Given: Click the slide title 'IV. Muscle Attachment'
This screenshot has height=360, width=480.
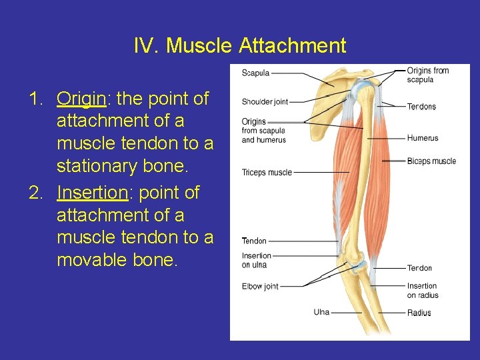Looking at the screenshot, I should point(240,45).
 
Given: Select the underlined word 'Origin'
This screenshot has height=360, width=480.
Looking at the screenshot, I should point(81,99).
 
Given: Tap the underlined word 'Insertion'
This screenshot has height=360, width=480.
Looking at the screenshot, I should point(91,193).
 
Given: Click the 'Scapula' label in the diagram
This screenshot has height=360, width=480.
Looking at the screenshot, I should point(257,73).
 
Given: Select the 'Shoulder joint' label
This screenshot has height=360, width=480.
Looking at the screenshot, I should point(265,102).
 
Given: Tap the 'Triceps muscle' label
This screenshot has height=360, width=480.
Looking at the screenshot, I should point(267,173).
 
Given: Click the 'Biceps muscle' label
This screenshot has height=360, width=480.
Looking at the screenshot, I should point(431,161).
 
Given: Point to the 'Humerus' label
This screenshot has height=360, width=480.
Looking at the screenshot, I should point(423,139).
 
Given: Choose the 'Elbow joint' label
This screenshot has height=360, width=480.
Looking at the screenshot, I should point(260,287).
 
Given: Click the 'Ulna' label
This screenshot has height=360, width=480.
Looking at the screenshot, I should point(321,312).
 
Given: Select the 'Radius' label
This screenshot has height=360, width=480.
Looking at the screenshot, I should point(419,313).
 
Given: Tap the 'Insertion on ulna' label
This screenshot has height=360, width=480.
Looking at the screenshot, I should point(256,260).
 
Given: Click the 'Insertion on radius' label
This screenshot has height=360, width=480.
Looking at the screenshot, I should point(423,291).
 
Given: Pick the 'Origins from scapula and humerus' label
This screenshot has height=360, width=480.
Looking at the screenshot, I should point(263,131).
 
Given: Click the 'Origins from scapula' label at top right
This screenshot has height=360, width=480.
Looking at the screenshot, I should point(427,75).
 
